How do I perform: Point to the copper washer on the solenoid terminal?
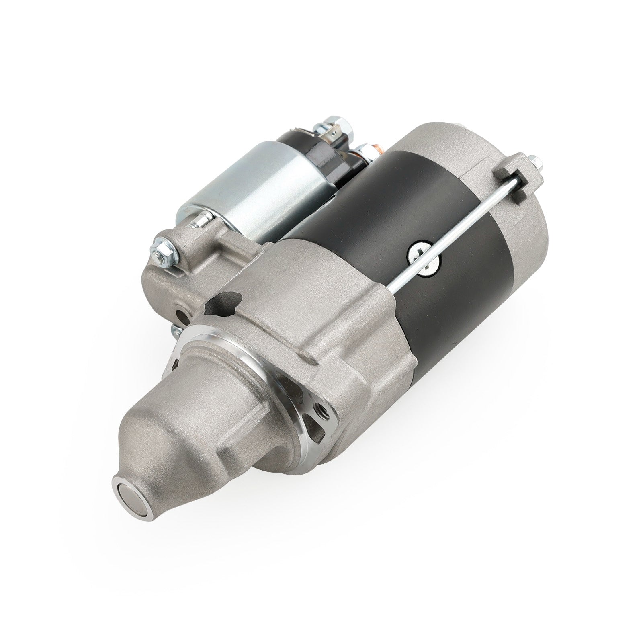pos(377,151)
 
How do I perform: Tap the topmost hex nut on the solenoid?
pos(334,122)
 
